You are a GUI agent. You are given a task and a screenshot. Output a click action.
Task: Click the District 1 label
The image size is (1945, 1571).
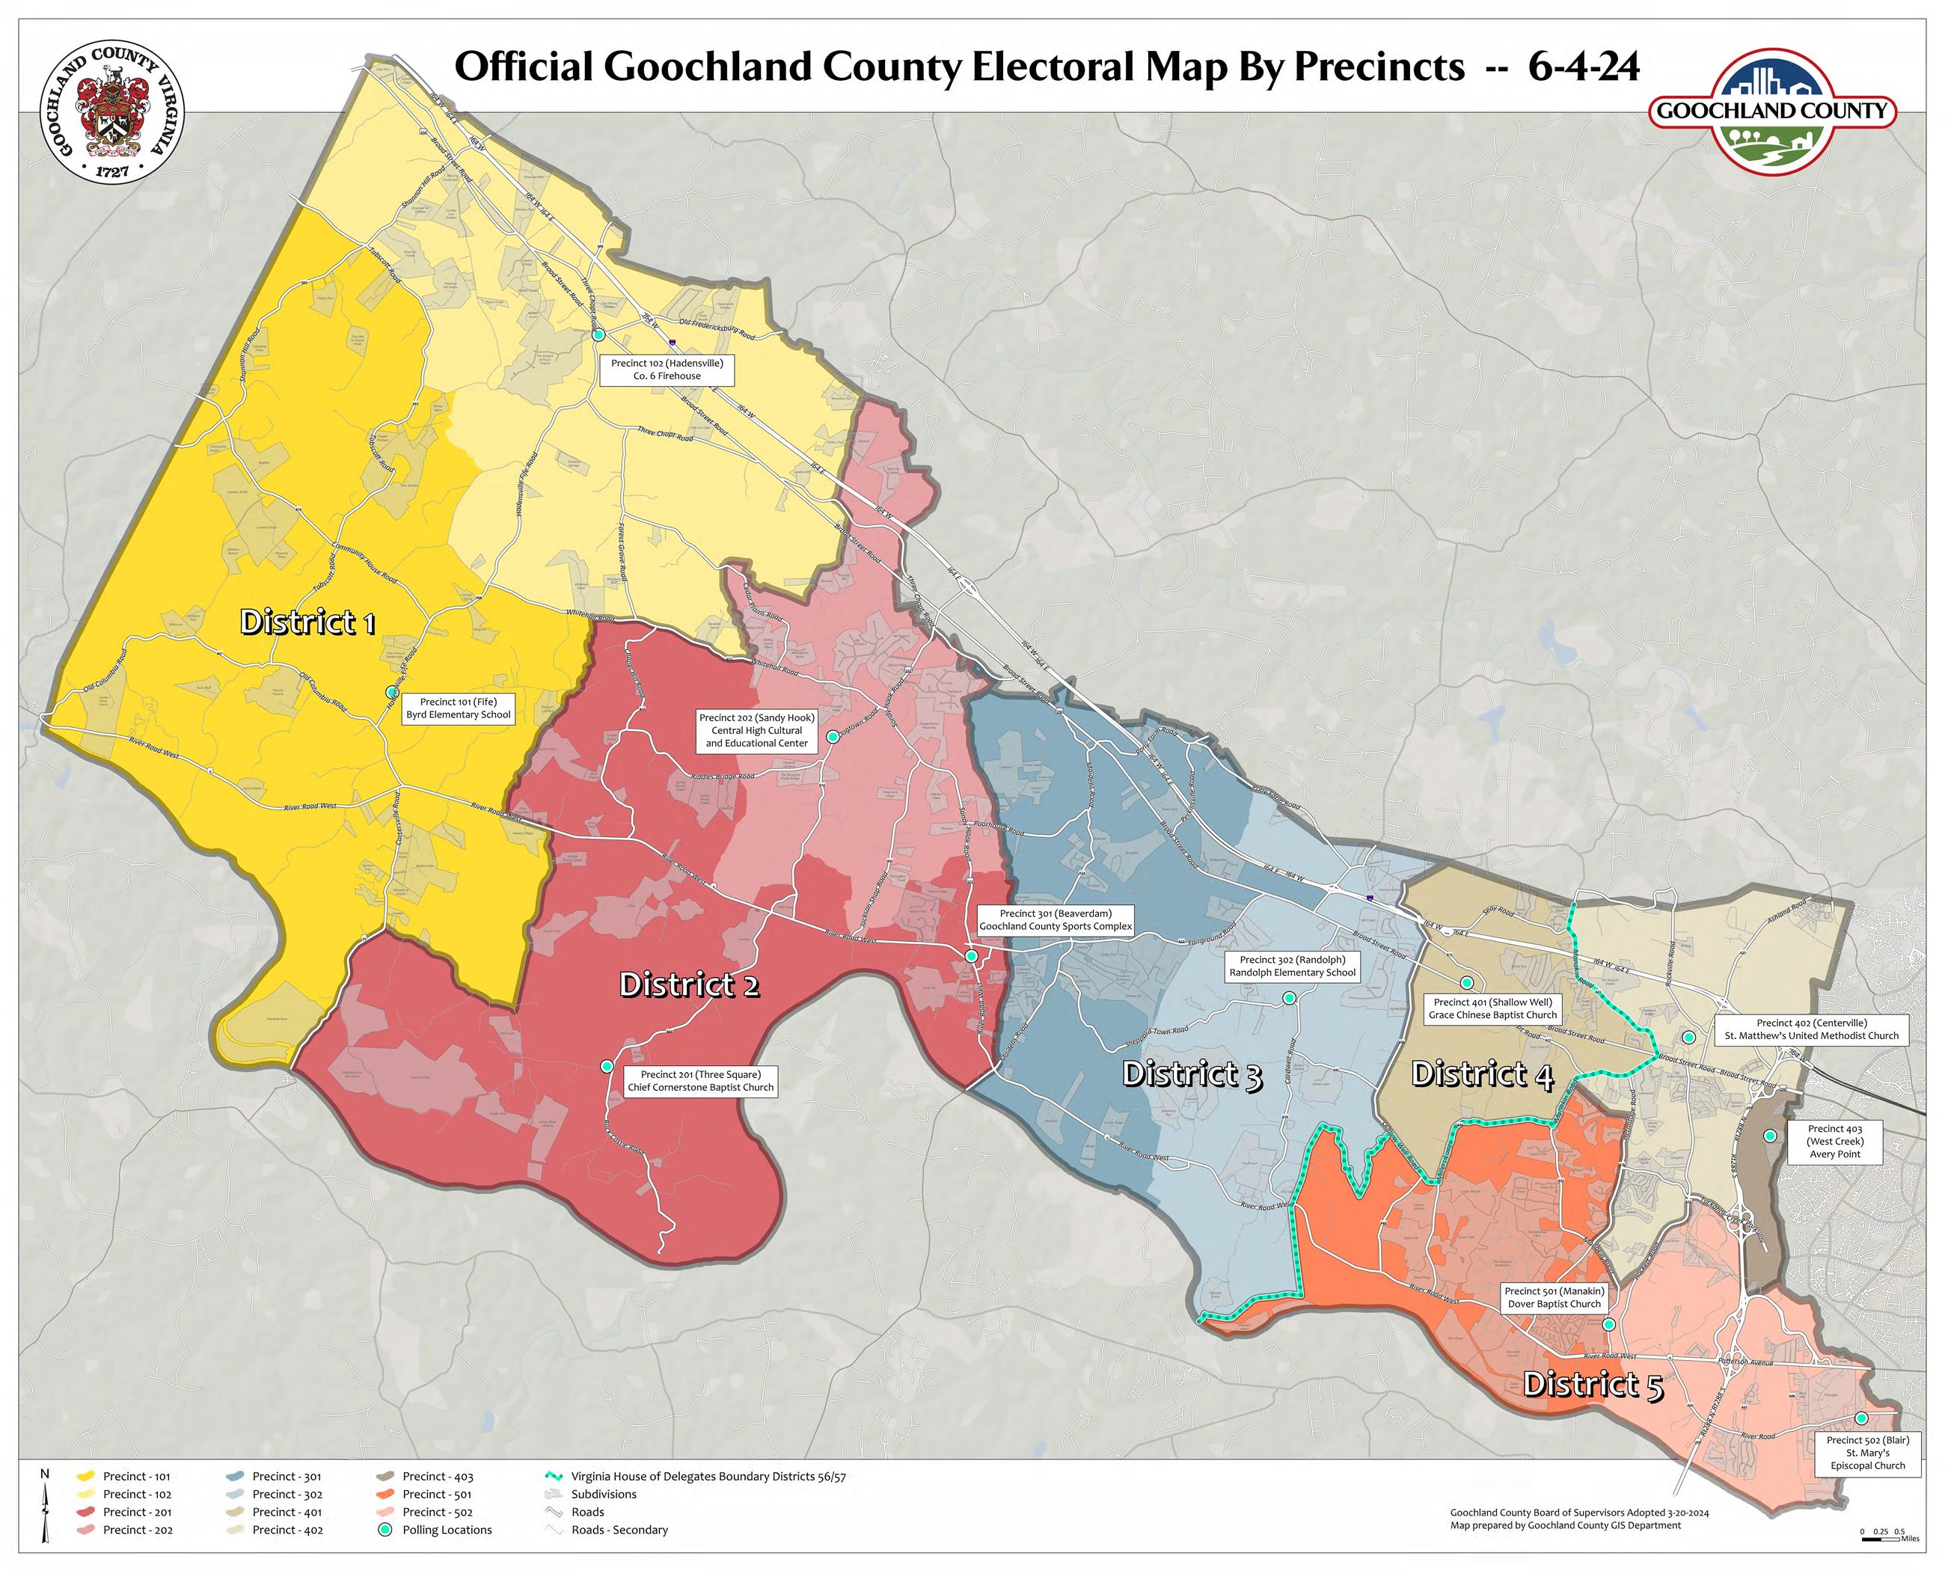coord(307,622)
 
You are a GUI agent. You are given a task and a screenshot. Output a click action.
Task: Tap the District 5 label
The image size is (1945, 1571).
coord(1593,1385)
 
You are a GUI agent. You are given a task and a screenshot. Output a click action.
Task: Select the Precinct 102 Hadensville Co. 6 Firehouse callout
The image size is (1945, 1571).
coord(667,370)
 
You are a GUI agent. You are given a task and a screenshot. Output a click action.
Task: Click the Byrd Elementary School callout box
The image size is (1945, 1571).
coord(458,708)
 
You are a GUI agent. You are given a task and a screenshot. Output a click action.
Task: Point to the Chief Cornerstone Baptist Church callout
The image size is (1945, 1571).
coord(700,1082)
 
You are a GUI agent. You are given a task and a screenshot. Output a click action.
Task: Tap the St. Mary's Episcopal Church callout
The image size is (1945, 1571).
coord(1868,1453)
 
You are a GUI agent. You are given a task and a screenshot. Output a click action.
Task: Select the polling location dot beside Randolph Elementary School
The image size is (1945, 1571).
coord(1289,997)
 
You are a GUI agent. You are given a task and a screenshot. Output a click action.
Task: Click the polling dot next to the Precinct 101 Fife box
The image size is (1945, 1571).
coord(392,691)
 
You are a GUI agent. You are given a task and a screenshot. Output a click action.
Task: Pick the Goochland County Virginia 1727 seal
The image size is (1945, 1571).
coord(113,111)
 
